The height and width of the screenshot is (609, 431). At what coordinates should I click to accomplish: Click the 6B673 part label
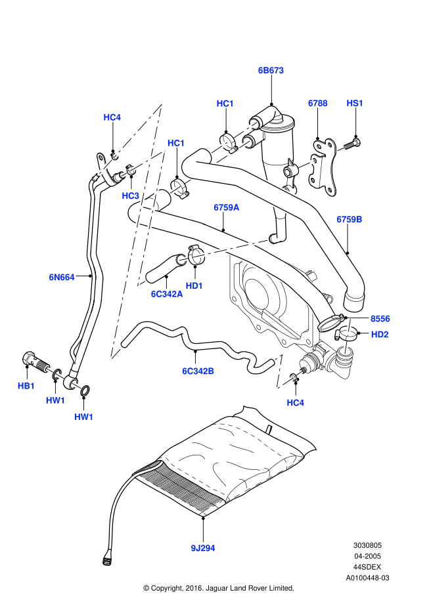coord(270,70)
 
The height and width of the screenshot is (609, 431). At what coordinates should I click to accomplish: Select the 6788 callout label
coord(318,103)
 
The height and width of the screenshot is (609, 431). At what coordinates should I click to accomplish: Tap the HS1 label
coord(355,103)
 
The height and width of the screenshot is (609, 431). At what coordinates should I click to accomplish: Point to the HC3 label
coord(130,196)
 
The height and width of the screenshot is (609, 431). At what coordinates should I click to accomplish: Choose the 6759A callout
coord(226,207)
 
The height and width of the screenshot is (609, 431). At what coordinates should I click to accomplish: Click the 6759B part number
coord(350,219)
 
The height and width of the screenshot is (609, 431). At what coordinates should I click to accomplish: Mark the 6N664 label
coord(61,277)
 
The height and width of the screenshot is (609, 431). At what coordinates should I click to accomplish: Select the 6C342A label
coord(166,294)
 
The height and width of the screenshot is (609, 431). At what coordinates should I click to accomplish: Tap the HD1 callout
coord(194,285)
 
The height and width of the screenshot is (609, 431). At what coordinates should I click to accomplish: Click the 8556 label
coord(380,318)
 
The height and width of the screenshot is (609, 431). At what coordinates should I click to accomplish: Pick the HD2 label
coord(380,334)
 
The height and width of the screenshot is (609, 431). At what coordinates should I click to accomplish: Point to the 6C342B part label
coord(198,371)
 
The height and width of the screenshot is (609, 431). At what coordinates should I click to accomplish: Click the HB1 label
coord(26,386)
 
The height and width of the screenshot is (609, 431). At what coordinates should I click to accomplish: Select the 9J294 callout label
coord(202,547)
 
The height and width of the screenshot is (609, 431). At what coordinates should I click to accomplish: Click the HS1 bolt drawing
coord(348,142)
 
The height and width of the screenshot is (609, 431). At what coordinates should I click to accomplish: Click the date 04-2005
coord(368,555)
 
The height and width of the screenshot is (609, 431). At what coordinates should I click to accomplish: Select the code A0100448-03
coord(368,578)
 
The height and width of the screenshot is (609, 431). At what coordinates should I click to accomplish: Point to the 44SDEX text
coord(368,566)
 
